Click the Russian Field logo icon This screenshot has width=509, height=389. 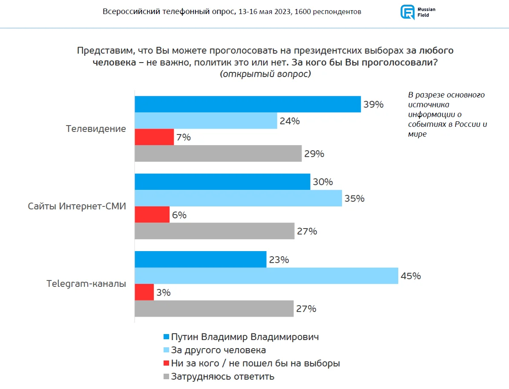[x=407, y=12]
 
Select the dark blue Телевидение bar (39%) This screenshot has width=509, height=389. [x=247, y=104]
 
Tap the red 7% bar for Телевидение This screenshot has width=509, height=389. [x=154, y=137]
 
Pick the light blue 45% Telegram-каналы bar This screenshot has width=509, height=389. [x=266, y=276]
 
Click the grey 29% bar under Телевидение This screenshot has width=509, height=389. [x=218, y=154]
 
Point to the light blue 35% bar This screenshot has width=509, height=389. [x=238, y=198]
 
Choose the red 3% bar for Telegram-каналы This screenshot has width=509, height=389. [x=144, y=292]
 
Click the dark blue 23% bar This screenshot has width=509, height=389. [x=201, y=260]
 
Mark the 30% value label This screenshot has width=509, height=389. [x=323, y=182]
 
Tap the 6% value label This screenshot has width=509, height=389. [x=179, y=215]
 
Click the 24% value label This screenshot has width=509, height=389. [x=290, y=121]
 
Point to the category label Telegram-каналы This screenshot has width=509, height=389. [x=86, y=284]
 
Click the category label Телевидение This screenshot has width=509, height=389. [x=96, y=129]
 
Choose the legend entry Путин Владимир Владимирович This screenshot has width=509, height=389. [x=245, y=337]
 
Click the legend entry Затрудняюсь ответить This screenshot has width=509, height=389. [x=222, y=377]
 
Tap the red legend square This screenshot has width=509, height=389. [x=166, y=364]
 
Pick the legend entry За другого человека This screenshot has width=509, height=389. [x=218, y=350]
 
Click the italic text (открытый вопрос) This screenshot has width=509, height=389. [x=265, y=74]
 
